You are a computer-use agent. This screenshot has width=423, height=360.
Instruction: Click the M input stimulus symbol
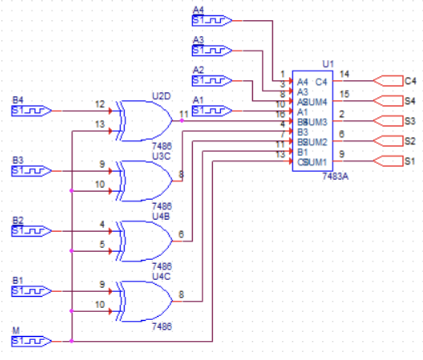[x=31, y=341]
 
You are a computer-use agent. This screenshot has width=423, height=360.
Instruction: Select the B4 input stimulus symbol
[x=31, y=110]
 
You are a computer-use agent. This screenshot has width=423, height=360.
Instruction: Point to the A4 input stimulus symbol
[x=211, y=21]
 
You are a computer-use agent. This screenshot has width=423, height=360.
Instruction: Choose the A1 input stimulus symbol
[x=211, y=110]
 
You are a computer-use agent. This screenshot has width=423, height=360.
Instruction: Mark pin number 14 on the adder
[x=344, y=75]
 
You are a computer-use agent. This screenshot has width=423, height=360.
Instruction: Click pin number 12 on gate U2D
[x=100, y=105]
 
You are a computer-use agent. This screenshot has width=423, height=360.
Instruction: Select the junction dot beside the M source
[x=71, y=341]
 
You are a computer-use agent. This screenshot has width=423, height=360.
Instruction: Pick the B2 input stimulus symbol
[x=31, y=231]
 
